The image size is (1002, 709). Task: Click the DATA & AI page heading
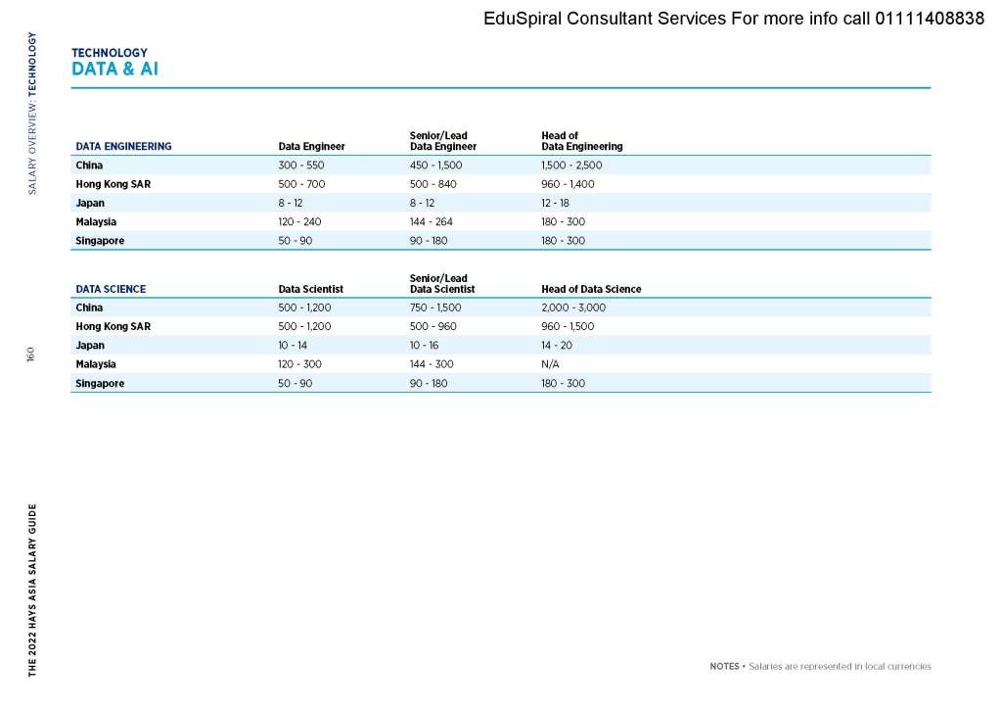[x=114, y=70]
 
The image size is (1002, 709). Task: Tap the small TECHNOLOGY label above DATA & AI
[x=109, y=53]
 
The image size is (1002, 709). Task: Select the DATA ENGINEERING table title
[x=123, y=146]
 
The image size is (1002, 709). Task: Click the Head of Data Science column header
[x=591, y=289]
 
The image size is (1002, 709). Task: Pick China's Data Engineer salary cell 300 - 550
[x=301, y=165]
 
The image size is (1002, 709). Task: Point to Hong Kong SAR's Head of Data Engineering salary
[x=568, y=184]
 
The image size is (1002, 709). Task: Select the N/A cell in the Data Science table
[x=550, y=364]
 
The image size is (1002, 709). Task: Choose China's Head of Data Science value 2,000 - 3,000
[x=573, y=307]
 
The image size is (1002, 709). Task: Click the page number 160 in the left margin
[x=31, y=354]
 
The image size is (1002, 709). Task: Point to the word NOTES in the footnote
[x=724, y=667]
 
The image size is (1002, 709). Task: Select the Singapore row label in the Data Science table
[x=100, y=383]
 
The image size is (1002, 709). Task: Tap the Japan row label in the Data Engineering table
[x=90, y=203]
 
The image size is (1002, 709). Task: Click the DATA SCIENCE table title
[x=111, y=289]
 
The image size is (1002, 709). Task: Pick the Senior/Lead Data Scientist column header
[x=441, y=284]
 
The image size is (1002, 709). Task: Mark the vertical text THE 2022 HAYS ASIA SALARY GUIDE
[x=32, y=591]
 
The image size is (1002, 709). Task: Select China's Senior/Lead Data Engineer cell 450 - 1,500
[x=435, y=165]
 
